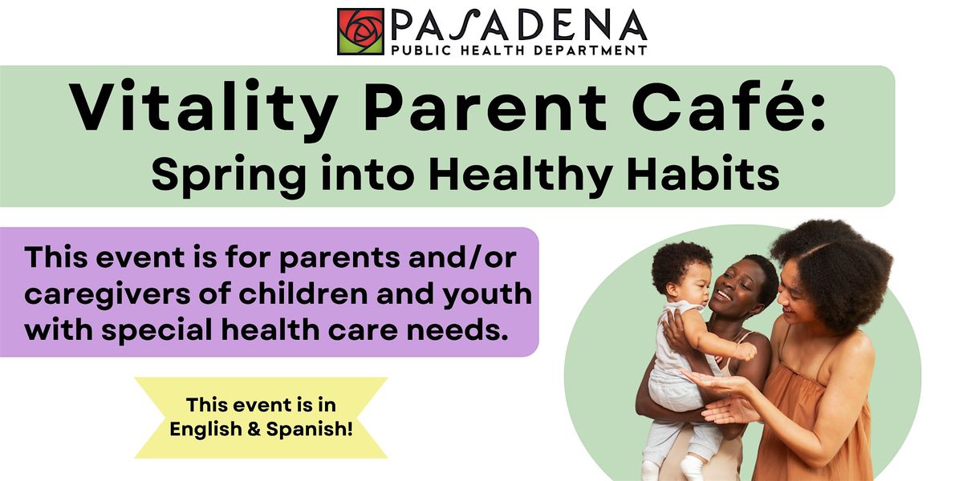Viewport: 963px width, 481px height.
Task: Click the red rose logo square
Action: click(x=360, y=31)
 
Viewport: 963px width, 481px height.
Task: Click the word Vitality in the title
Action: click(x=203, y=107)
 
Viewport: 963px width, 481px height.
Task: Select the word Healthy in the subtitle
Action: click(x=521, y=176)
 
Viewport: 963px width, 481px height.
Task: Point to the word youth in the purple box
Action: click(x=487, y=295)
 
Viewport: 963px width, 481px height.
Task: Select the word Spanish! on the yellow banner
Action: click(x=310, y=429)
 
